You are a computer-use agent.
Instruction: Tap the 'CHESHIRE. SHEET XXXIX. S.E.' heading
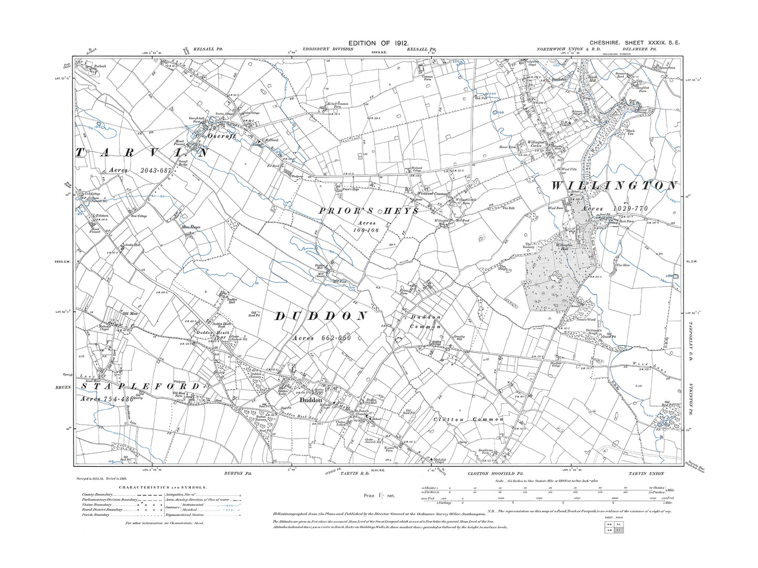pyautogui.click(x=635, y=43)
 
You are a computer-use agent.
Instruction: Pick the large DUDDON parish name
pyautogui.click(x=321, y=316)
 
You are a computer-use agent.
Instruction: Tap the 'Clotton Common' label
pyautogui.click(x=468, y=420)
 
